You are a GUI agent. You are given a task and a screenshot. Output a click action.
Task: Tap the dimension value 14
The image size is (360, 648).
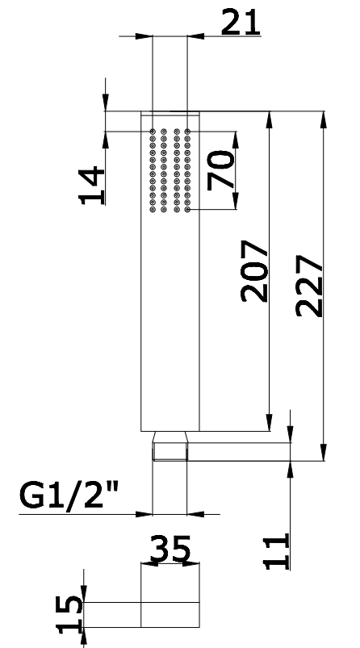coord(92,185)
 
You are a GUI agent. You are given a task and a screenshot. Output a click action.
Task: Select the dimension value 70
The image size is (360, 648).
coord(220,170)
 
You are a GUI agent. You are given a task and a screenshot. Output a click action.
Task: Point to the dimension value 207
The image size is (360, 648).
coord(254,270)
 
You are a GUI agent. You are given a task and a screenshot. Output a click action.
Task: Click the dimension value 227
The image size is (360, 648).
coord(309,286)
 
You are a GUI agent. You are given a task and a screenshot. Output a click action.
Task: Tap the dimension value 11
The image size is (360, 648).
coord(277,552)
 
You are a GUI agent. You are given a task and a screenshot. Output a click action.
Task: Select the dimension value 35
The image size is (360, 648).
coord(170,549)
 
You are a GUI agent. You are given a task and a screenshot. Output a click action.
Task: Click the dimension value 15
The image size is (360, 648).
coord(69,614)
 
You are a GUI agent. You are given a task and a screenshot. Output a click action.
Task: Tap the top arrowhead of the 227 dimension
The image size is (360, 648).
coord(324,120)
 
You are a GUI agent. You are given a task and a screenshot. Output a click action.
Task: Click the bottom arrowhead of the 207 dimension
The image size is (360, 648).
coord(270,422)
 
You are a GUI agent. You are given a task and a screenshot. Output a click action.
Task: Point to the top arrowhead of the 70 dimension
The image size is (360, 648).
coord(236,140)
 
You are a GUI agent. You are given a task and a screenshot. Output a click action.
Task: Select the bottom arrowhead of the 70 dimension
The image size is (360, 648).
coord(236,201)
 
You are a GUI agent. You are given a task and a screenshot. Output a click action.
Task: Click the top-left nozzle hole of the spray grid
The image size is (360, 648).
coord(153,132)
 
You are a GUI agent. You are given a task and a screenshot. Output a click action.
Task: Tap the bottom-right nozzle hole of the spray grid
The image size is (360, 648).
coord(187,210)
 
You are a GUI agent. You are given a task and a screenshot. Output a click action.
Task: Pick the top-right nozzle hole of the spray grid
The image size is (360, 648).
coord(187,132)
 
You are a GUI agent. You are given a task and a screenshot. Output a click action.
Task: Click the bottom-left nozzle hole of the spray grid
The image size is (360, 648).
coord(153,210)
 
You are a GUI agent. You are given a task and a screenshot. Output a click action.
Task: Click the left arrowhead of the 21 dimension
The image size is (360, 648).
coord(144,36)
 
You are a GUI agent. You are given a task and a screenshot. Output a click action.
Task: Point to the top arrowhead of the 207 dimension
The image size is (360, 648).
coord(270,120)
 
